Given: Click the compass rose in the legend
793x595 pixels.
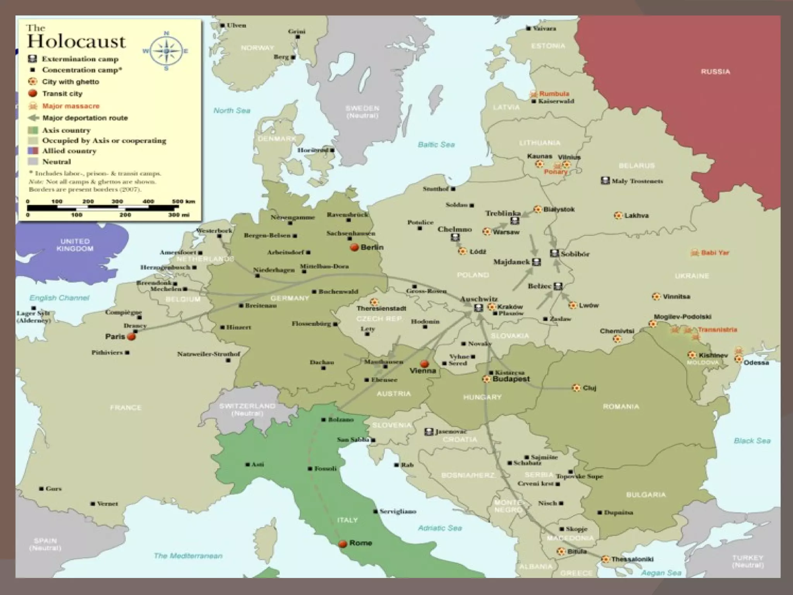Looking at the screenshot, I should [166, 51].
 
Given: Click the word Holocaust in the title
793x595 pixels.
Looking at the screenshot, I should [76, 41].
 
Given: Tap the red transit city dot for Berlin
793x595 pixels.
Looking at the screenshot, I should [354, 248].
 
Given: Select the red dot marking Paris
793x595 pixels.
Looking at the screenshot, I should [132, 337].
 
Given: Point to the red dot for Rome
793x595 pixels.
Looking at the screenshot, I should [342, 544].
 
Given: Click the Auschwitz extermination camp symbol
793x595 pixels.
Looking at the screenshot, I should [479, 308].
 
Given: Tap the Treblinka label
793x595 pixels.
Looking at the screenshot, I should [503, 213].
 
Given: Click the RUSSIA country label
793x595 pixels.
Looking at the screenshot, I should [715, 72].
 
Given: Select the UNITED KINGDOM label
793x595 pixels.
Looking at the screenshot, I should [75, 245].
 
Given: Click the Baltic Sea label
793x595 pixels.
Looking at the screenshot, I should [436, 144].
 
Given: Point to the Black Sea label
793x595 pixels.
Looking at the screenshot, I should [752, 440].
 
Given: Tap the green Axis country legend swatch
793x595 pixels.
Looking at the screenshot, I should [33, 130].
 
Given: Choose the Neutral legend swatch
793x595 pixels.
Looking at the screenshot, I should [33, 162].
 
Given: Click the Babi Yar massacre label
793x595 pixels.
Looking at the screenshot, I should [714, 253].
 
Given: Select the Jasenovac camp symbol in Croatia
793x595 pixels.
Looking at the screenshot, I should [429, 432].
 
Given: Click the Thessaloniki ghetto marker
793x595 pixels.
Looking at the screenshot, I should [605, 559].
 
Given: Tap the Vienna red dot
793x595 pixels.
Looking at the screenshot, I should [424, 363].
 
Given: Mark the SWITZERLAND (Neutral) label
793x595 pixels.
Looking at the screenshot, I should [247, 409].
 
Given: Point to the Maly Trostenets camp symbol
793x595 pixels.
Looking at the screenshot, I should [605, 181].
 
